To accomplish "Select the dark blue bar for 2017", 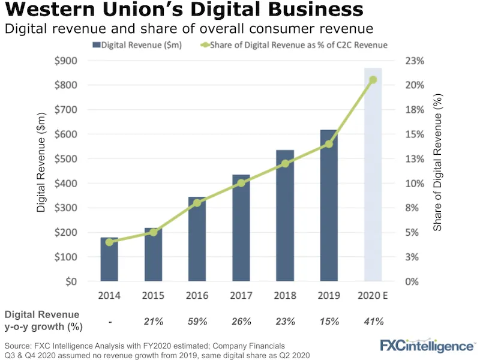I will click(x=241, y=228).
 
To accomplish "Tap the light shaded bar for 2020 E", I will click(x=373, y=180).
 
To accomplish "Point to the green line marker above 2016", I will click(x=197, y=203).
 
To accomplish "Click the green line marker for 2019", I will click(x=329, y=144).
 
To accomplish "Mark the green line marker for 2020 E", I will click(x=373, y=80).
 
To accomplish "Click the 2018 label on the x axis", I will click(x=285, y=296).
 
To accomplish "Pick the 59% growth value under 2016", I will click(x=197, y=322).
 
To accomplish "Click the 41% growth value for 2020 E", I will click(x=373, y=322).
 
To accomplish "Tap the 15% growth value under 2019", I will click(x=329, y=322).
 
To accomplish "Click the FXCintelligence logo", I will click(x=427, y=346).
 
